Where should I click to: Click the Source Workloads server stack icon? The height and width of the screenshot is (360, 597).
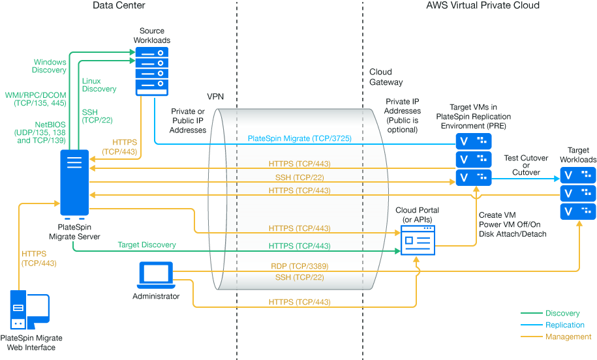pyautogui.click(x=151, y=71)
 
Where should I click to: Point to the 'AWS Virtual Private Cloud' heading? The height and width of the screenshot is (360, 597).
pyautogui.click(x=483, y=5)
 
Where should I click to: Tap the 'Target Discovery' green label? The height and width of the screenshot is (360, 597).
pyautogui.click(x=146, y=245)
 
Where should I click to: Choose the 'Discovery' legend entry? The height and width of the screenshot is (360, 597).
pyautogui.click(x=562, y=314)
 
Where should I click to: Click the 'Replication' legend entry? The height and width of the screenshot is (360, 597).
pyautogui.click(x=565, y=325)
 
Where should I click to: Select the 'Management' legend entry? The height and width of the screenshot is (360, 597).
pyautogui.click(x=568, y=337)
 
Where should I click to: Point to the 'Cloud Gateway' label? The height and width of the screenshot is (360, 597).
pyautogui.click(x=386, y=77)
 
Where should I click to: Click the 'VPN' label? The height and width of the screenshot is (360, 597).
pyautogui.click(x=215, y=96)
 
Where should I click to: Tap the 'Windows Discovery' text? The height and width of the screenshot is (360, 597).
pyautogui.click(x=50, y=66)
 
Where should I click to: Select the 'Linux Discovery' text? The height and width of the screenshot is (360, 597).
pyautogui.click(x=99, y=85)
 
